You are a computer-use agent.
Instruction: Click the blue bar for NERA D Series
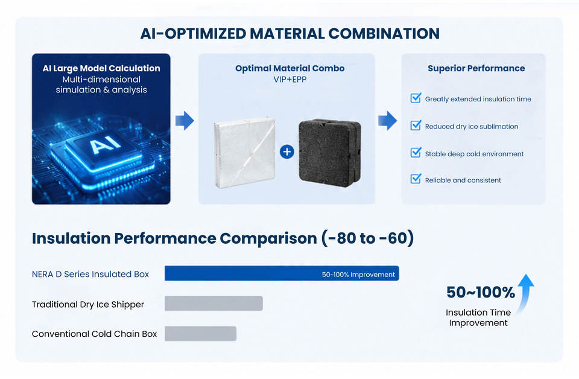pos(282,273)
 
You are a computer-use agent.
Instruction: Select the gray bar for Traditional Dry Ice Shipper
pos(214,304)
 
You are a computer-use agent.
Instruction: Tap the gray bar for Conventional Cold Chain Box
pos(200,334)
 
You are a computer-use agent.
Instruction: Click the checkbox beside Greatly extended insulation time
pos(416,98)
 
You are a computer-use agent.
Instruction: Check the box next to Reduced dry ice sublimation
pos(416,125)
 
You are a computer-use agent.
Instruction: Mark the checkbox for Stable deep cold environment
pos(416,152)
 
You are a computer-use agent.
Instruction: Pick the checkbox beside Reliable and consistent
pos(416,179)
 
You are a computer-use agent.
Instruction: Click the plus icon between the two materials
pos(287,151)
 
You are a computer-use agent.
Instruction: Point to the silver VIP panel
pos(244,152)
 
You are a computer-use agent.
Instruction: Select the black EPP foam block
pos(330,153)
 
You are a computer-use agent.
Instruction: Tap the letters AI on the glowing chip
pos(105,145)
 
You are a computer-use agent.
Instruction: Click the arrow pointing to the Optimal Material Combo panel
pos(185,121)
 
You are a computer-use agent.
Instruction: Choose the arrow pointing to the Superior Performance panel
pos(387,121)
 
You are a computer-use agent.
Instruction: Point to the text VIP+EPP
pos(290,80)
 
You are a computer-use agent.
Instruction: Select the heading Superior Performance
pos(476,68)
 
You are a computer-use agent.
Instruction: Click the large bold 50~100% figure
pos(481,292)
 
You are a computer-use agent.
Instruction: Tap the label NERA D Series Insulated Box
pos(90,274)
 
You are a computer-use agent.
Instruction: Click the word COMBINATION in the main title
pos(384,34)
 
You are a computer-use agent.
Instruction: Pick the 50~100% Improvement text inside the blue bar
pos(358,275)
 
